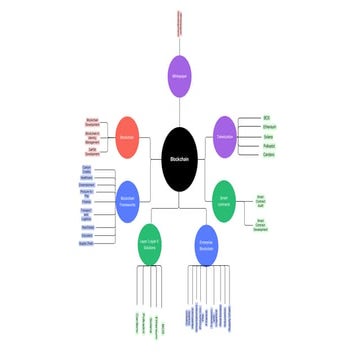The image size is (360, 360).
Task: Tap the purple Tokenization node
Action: pos(224,136)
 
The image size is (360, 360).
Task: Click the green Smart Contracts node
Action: pos(224,196)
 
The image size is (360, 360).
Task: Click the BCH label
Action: pos(267,117)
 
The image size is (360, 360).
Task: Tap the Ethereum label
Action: pos(267,127)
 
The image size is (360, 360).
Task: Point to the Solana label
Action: pos(267,137)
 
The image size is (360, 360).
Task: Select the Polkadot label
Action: pos(267,146)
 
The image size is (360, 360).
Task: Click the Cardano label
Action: pos(267,155)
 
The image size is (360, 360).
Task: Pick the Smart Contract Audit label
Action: pos(261,200)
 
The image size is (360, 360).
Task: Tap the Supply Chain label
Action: pos(86,243)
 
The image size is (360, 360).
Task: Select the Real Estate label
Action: pos(86,227)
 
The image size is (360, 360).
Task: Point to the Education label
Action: pos(86,235)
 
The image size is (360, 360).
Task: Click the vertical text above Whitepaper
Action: pos(179,22)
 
